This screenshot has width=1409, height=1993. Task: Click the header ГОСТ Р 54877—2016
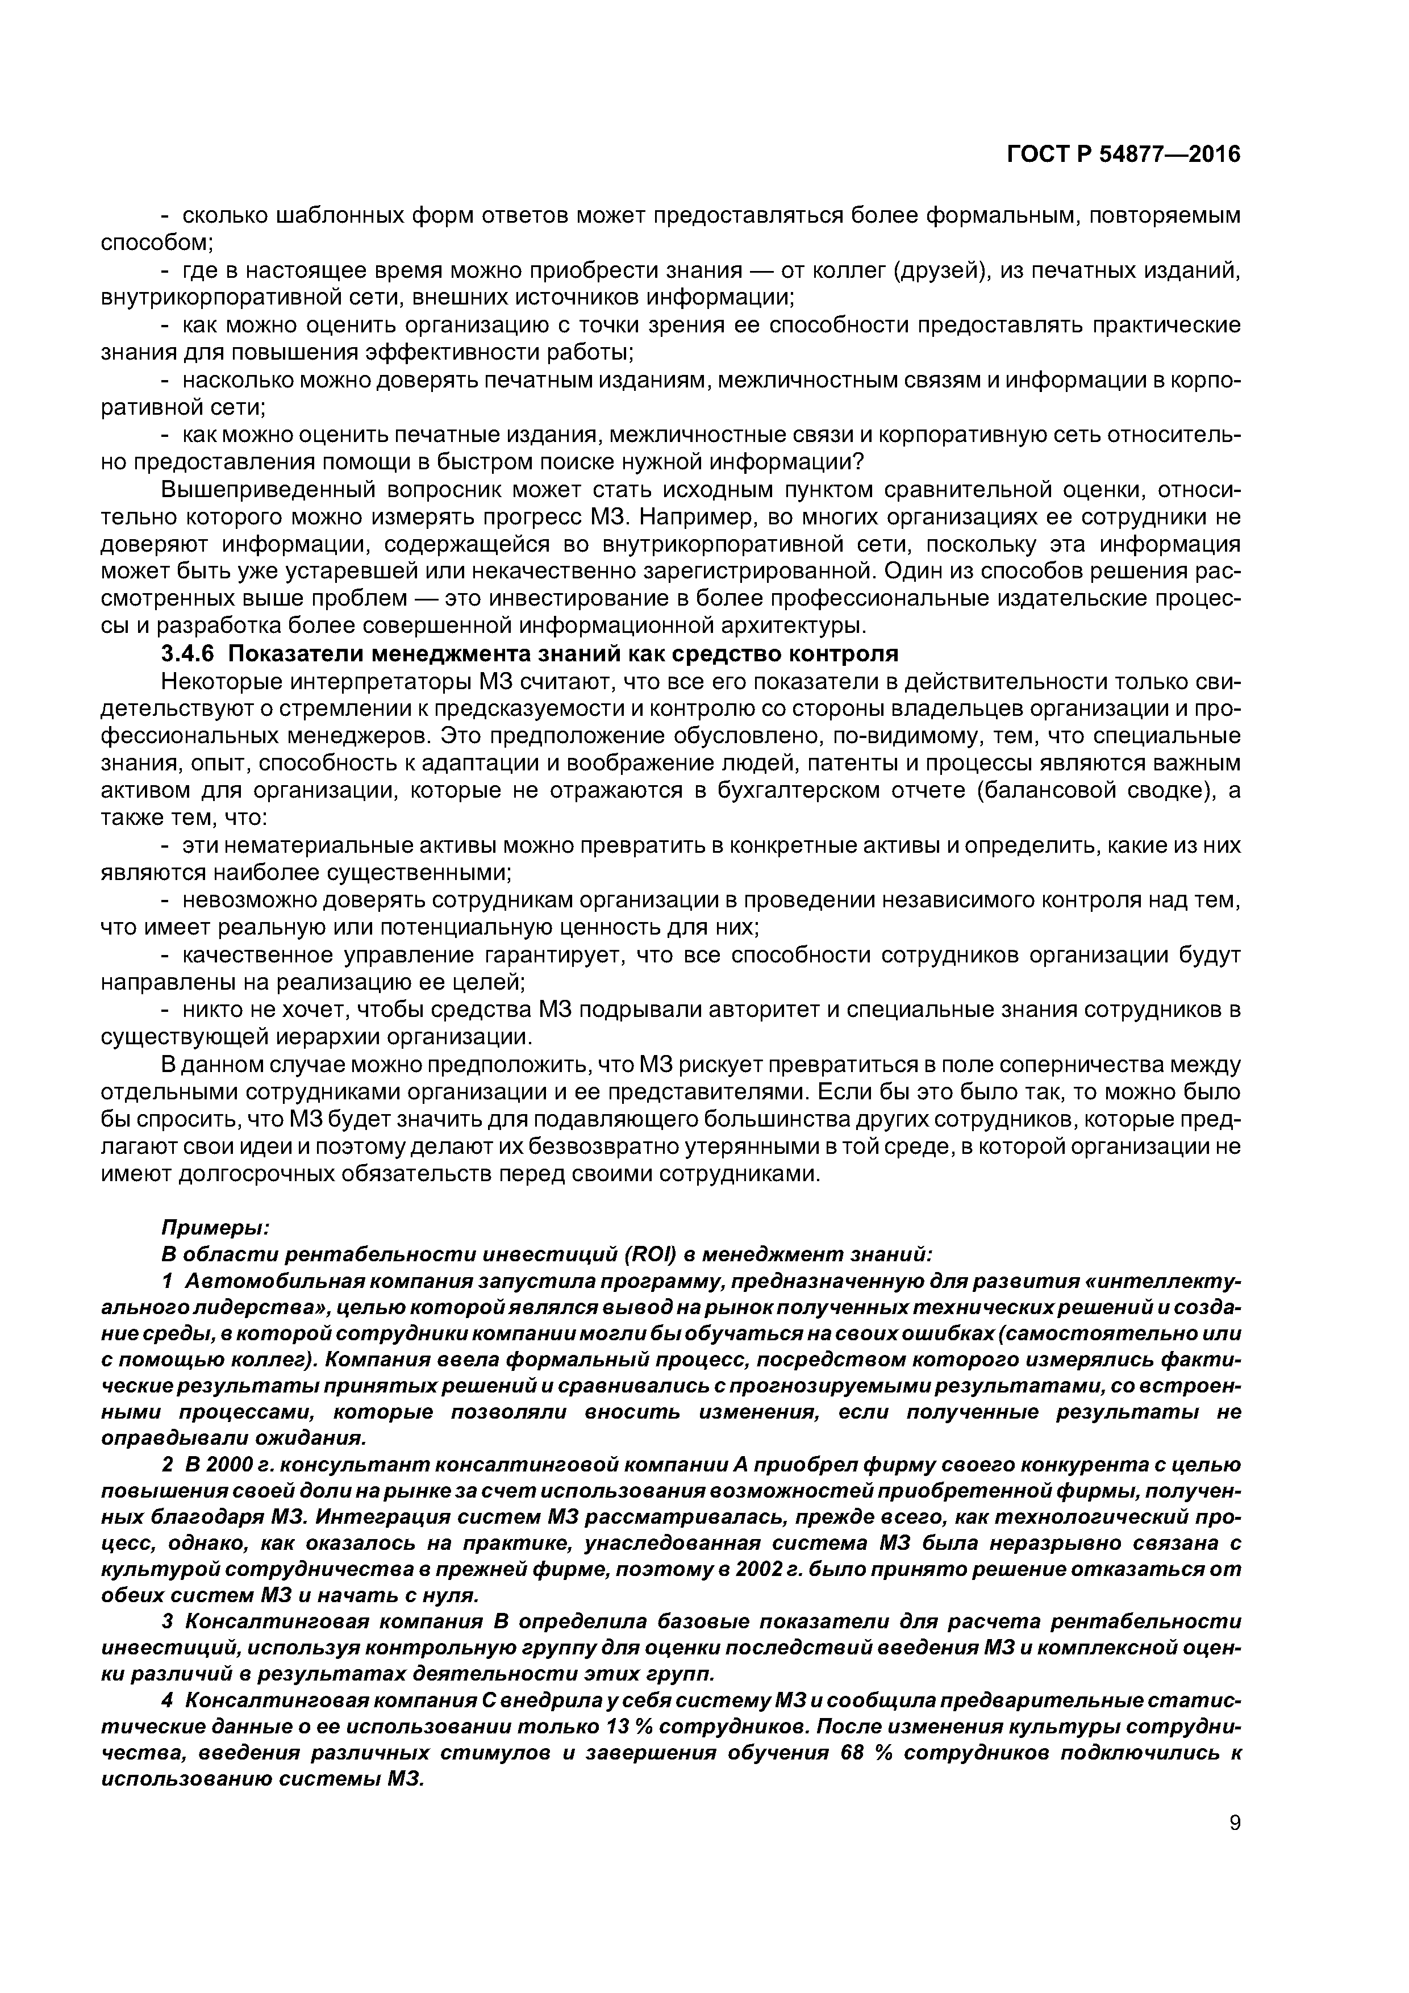1123,155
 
